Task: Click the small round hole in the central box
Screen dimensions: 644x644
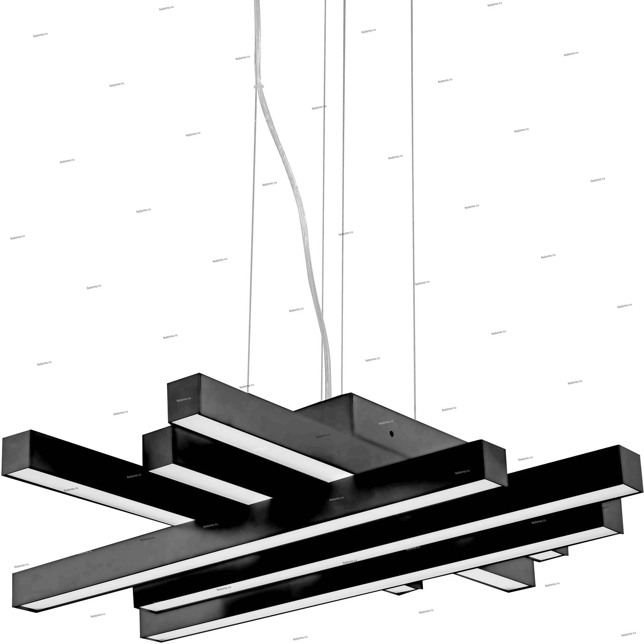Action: [392, 434]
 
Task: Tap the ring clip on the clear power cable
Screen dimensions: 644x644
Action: [259, 87]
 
